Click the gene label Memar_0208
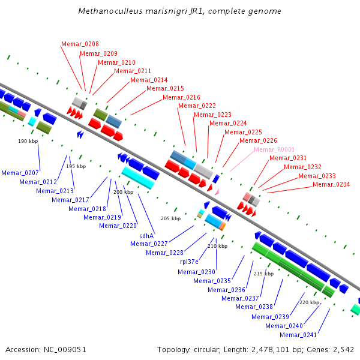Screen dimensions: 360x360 point(80,44)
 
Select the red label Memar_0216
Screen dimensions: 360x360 point(181,97)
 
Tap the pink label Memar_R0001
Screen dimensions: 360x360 point(274,149)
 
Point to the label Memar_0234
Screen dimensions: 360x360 point(331,184)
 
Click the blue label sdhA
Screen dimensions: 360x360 point(146,236)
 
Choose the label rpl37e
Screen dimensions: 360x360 point(189,262)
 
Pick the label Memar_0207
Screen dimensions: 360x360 point(20,173)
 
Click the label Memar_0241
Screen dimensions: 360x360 point(298,335)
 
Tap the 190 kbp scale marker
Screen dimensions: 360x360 point(28,141)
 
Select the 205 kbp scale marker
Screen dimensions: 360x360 point(170,218)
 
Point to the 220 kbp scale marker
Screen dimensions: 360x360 point(309,302)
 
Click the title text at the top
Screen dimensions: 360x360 point(180,11)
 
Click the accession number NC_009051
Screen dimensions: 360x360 point(65,350)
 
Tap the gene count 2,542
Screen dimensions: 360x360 point(343,350)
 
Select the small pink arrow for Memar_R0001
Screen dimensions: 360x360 point(217,192)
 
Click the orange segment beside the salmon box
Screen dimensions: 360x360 point(224,227)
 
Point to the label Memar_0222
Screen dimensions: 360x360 point(197,106)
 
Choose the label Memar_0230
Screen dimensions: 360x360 point(197,272)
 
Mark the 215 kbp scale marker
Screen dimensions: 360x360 point(263,274)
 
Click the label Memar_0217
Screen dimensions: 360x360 point(70,200)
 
